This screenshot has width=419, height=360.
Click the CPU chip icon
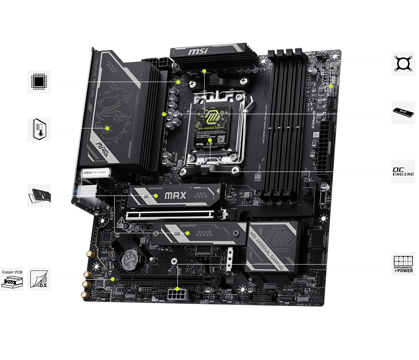click(x=39, y=82)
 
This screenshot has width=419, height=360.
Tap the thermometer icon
click(x=39, y=129)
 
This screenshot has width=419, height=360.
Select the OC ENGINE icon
click(x=403, y=171)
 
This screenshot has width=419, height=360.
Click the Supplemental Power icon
click(x=403, y=264)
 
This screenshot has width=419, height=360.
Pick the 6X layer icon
click(x=39, y=279)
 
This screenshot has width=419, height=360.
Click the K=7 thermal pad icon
click(x=403, y=113)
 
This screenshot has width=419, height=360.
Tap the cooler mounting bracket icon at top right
click(x=403, y=63)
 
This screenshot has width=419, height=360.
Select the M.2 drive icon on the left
click(x=39, y=195)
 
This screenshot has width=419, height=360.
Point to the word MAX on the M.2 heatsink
click(x=175, y=195)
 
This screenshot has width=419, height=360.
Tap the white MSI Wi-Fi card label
click(x=95, y=173)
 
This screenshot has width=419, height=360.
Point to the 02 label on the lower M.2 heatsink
click(x=177, y=234)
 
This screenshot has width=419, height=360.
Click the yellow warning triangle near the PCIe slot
click(x=121, y=222)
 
